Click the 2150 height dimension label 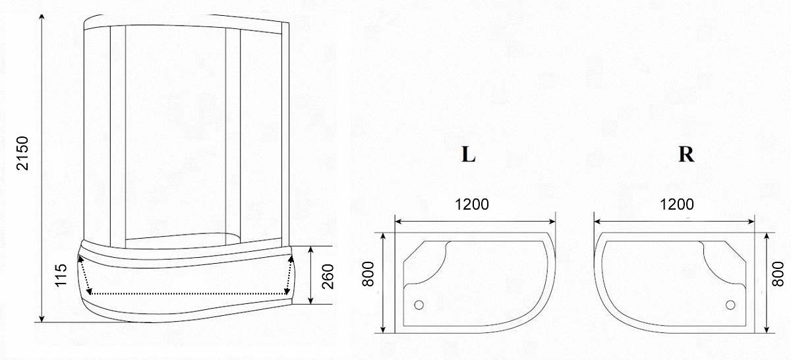22,153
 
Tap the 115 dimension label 61,275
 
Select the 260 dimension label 328,276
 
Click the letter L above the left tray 468,154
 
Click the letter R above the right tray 686,154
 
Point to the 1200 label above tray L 472,204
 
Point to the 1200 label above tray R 676,204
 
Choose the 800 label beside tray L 368,274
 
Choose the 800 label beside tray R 778,274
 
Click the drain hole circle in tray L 419,305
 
